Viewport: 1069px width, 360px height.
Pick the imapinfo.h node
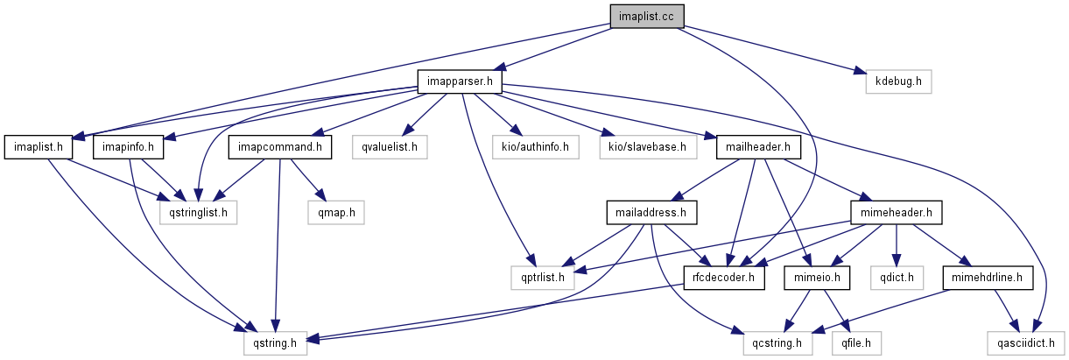[129, 146]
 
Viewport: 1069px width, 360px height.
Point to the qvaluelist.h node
[390, 146]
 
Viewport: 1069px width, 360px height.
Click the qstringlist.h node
[197, 212]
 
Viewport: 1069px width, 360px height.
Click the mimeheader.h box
[896, 212]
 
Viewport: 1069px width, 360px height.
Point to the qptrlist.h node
[544, 279]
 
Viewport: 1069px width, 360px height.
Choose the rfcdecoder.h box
[724, 279]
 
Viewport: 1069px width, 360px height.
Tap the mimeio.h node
[822, 279]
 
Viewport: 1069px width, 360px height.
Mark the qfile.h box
[857, 343]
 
